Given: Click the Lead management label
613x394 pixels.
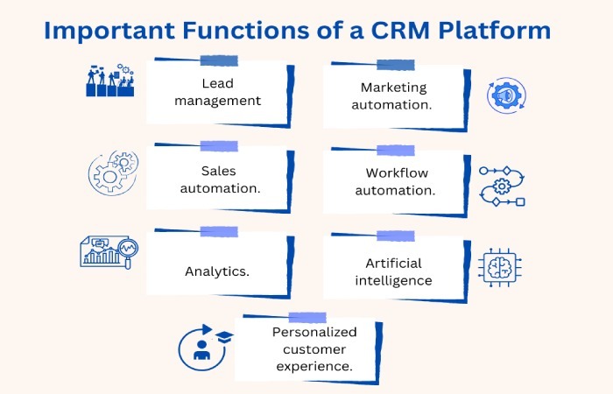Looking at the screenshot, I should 218,92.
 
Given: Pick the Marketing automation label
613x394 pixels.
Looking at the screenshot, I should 393,95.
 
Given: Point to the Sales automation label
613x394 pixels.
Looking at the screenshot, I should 218,179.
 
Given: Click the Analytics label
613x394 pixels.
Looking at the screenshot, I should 217,271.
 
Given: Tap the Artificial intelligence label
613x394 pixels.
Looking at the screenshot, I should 393,271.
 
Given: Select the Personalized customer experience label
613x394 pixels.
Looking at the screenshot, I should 314,349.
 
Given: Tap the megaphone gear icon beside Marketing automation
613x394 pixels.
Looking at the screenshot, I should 505,94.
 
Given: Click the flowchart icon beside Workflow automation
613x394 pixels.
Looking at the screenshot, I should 503,185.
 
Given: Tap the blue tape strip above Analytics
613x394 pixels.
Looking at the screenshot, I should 218,232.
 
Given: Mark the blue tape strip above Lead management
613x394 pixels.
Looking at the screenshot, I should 218,60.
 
